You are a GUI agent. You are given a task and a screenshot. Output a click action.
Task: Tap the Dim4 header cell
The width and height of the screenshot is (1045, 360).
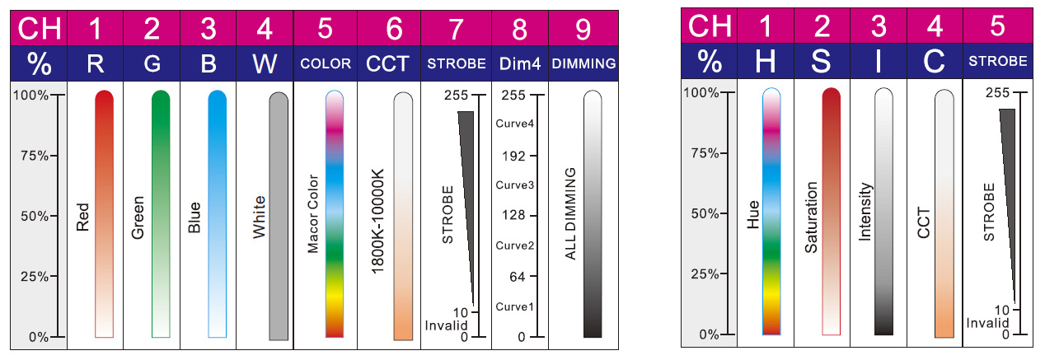(519, 63)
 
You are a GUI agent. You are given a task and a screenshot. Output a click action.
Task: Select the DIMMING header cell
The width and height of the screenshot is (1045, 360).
(583, 63)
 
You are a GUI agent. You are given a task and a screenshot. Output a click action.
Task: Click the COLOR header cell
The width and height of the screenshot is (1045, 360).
(326, 63)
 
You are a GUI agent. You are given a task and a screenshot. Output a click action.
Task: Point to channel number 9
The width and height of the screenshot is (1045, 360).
(583, 30)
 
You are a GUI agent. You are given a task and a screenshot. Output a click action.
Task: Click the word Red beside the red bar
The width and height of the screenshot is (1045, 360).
(82, 215)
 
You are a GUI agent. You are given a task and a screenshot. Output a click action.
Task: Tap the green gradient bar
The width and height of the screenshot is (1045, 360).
(161, 213)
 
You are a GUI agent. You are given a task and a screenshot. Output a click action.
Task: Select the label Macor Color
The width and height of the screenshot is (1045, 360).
(312, 213)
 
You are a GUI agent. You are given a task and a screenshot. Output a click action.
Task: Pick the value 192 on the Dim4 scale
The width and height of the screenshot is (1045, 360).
(518, 156)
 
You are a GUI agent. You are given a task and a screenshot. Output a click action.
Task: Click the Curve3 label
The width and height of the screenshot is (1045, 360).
(515, 185)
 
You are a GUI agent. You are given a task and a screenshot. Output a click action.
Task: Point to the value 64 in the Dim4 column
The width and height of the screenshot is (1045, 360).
(518, 277)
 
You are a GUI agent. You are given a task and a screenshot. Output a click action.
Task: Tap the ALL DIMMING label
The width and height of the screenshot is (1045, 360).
(569, 213)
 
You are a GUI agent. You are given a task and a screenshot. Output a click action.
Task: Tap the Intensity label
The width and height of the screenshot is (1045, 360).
(865, 212)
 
